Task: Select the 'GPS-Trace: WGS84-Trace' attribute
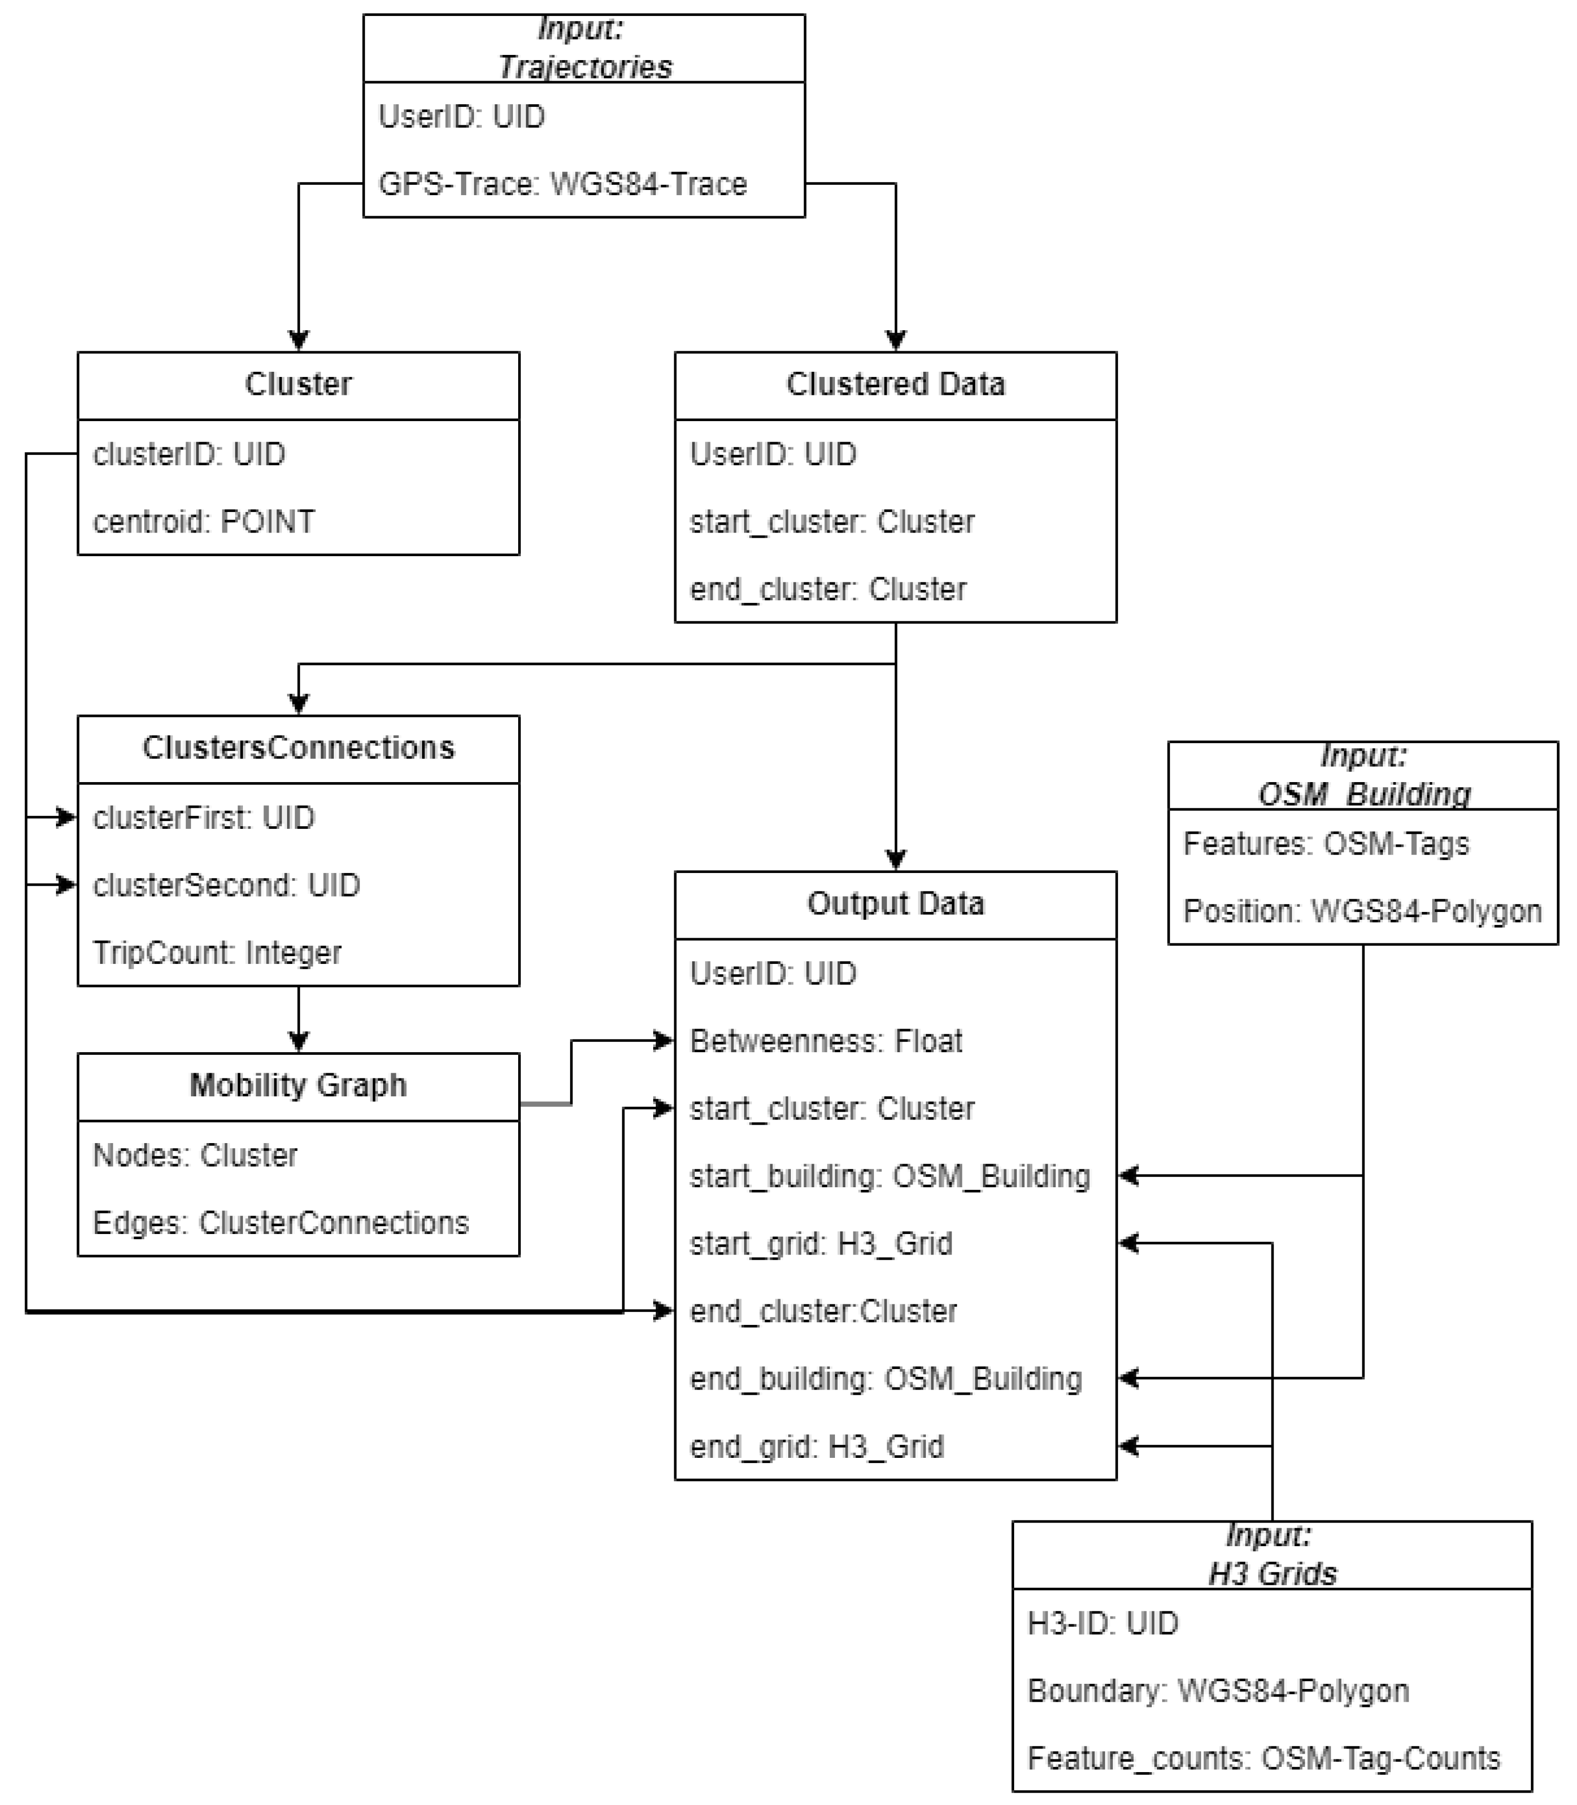point(562,184)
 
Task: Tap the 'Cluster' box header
point(298,385)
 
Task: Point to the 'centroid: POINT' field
point(203,522)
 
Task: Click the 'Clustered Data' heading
point(895,385)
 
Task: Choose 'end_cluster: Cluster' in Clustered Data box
point(827,589)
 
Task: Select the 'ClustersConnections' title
point(298,748)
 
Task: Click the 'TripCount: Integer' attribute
point(217,952)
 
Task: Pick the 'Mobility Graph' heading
point(298,1085)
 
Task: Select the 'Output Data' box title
point(895,904)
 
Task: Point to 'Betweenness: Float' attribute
point(825,1041)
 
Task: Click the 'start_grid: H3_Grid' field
point(820,1244)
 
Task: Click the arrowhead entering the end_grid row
point(1128,1446)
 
